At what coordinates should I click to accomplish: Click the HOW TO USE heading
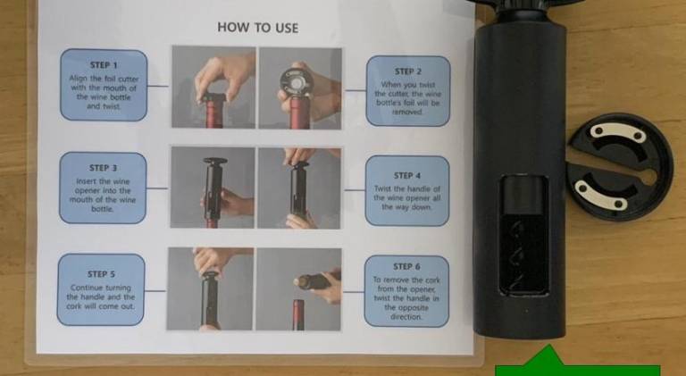tap(257, 28)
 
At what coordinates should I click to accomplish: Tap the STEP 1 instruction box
tap(104, 85)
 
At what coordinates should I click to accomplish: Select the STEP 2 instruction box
tap(408, 91)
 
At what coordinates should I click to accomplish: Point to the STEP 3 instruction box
tap(103, 188)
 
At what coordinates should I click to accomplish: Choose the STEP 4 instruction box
tap(407, 190)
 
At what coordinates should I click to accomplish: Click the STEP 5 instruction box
tap(101, 289)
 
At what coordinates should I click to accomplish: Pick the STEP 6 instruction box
tap(406, 291)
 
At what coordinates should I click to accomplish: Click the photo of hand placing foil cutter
tap(213, 87)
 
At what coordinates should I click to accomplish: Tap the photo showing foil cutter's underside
tap(300, 88)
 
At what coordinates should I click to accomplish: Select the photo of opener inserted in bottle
tap(213, 188)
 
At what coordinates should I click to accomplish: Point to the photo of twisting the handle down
tap(299, 188)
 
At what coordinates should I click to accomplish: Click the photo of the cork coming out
tap(210, 289)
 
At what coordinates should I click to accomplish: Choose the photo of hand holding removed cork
tap(298, 289)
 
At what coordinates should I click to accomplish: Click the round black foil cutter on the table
tap(620, 167)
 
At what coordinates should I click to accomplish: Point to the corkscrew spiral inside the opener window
tap(523, 254)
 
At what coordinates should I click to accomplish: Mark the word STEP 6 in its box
tap(407, 267)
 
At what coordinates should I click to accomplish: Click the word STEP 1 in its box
tap(104, 65)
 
